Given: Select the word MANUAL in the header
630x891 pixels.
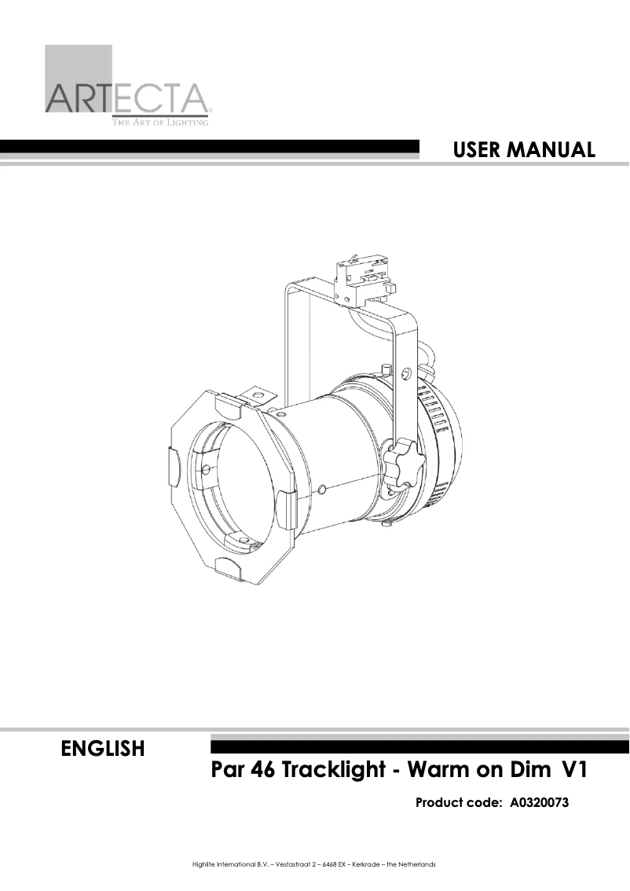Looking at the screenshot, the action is [560, 149].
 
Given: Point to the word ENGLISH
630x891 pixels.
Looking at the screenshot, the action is [102, 749].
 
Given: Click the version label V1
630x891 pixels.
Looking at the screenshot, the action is [573, 769].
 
